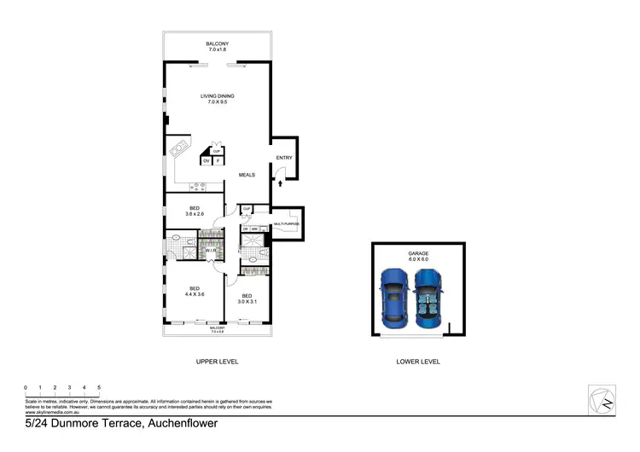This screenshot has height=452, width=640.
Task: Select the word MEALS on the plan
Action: click(247, 175)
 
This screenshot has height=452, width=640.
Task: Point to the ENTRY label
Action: click(283, 158)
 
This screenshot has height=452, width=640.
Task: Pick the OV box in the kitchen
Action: click(207, 161)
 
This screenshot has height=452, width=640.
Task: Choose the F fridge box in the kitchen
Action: click(218, 161)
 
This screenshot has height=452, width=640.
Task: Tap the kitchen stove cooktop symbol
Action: click(202, 185)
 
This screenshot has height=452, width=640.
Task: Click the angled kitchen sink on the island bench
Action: click(179, 149)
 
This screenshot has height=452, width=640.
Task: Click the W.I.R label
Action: click(209, 251)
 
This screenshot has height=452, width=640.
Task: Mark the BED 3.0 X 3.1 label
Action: click(247, 298)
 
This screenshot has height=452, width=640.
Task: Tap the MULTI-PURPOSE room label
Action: click(287, 224)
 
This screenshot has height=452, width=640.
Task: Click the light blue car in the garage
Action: click(395, 298)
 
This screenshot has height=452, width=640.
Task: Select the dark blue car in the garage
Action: click(428, 298)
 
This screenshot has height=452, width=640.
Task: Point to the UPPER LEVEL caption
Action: click(217, 362)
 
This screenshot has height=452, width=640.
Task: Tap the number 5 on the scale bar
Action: click(99, 388)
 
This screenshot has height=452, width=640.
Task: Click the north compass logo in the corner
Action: click(601, 401)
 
